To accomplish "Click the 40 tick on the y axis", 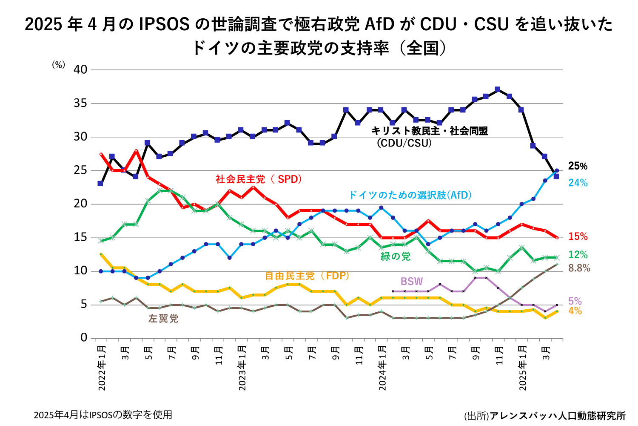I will coord(80,69).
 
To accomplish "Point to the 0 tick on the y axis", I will coord(84,338).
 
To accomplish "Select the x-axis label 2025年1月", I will coord(523,369).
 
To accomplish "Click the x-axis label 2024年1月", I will coord(383,369).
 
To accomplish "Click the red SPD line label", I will coord(259,179).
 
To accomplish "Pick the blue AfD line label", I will coord(410,195).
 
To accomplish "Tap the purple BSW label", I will coord(412,282).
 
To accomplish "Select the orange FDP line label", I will coord(307,276).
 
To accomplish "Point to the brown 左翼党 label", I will coord(163,319).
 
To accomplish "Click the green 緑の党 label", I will coord(396,256).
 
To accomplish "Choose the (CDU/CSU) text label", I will coord(404,143).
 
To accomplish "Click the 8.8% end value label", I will coord(579,268).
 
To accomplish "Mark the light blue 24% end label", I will coord(578,183).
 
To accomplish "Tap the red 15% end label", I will coord(578,236).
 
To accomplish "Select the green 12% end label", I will coord(578,255).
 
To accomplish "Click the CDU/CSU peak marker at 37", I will coord(498,89).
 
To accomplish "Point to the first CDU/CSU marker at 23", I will coord(100,184).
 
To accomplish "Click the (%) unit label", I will coord(59,65).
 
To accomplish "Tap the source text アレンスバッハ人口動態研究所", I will coord(557,416).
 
